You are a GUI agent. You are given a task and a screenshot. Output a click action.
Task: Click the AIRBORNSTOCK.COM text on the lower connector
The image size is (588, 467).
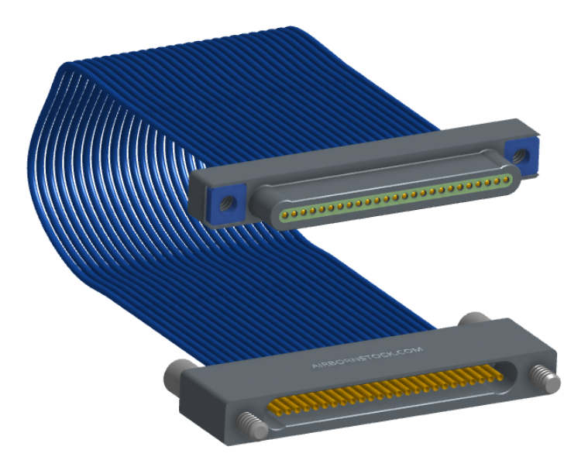click(367, 357)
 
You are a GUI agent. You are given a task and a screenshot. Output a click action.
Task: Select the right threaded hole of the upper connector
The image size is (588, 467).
click(520, 155)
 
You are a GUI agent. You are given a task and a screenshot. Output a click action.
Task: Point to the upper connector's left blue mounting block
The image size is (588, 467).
click(227, 204)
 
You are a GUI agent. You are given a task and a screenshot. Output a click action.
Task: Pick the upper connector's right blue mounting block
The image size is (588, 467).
click(521, 156)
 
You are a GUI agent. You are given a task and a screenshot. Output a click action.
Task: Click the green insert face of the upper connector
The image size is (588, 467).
click(396, 196)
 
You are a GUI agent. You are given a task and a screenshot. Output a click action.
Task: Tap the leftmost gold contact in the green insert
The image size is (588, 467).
click(285, 215)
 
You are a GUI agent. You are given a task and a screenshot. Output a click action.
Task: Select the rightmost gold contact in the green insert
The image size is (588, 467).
click(506, 179)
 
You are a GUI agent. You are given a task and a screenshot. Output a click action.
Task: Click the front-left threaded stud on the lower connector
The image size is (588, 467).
click(252, 424)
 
